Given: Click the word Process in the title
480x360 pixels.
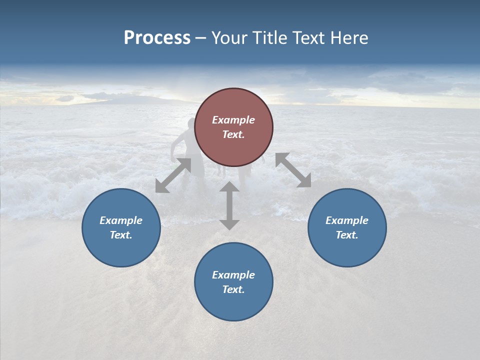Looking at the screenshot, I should [157, 38].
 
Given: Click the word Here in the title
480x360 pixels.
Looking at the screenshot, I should [350, 38].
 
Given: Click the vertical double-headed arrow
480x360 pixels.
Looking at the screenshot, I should [229, 205].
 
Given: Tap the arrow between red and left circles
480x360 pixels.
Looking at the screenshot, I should [173, 175].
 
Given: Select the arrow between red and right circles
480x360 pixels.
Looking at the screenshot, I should [293, 170].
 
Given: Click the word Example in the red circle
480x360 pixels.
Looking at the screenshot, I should [233, 120].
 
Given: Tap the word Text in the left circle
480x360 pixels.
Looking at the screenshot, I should [121, 235].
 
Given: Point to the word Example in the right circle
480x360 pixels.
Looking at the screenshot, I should [347, 220].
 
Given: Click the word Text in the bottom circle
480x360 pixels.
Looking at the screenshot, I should [233, 289].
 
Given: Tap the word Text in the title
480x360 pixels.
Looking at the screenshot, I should [312, 38].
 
